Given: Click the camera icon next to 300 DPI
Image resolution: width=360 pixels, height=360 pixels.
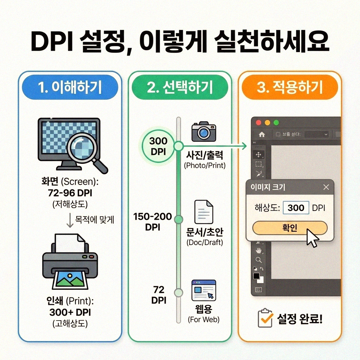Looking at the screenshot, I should [x=203, y=132].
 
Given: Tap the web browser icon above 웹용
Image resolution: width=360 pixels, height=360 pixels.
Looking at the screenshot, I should [x=204, y=291].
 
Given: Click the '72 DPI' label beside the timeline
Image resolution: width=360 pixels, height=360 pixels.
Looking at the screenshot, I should [x=159, y=295].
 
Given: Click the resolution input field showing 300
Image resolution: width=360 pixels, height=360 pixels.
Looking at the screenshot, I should [x=296, y=208].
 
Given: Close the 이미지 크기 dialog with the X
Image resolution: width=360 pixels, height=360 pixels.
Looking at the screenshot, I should [x=326, y=187].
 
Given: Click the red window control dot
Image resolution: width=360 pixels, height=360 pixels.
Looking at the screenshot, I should [x=259, y=123].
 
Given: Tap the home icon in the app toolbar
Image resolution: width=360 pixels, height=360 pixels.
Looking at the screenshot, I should [x=262, y=134].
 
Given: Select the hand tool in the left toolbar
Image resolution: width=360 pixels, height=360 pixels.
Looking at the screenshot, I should [x=259, y=251].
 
